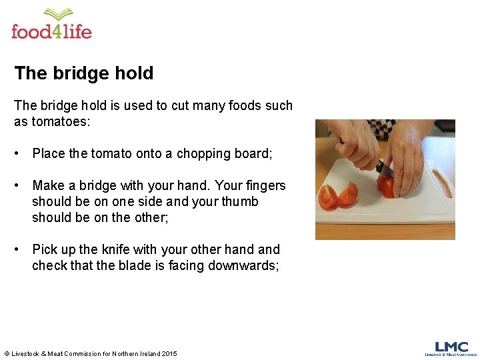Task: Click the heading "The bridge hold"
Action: [84, 73]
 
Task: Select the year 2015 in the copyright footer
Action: [169, 353]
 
